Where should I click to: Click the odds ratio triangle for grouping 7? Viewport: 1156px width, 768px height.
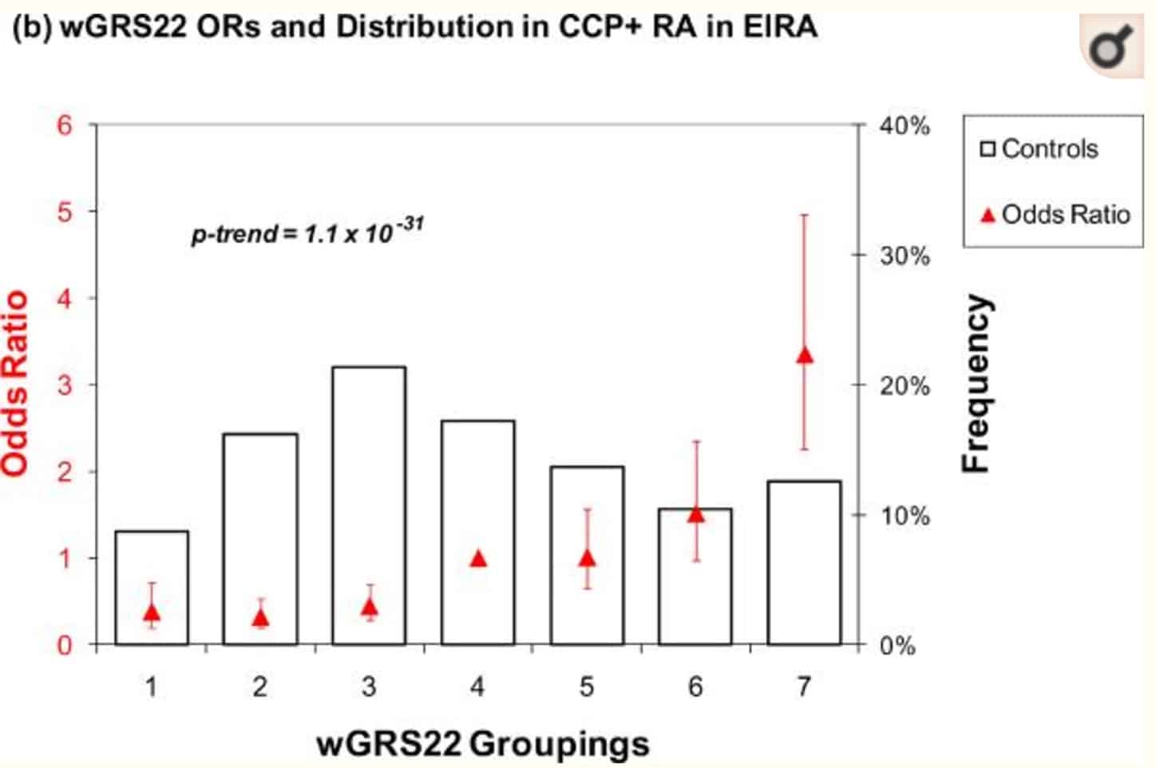[804, 355]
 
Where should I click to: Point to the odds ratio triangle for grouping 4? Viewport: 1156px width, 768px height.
[478, 559]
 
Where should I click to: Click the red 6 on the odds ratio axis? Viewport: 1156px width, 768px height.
[65, 125]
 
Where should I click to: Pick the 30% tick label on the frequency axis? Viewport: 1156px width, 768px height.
[905, 256]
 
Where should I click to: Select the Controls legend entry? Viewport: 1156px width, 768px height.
[1040, 148]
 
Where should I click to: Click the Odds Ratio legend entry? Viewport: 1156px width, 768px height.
[1055, 214]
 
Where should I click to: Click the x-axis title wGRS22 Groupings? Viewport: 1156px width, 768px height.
[483, 743]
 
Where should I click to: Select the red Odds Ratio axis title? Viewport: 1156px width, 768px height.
[15, 383]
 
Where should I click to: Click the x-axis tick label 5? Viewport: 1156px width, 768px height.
[587, 687]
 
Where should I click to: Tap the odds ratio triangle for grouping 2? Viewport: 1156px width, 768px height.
[260, 617]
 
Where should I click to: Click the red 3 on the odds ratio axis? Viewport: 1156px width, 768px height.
[65, 385]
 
